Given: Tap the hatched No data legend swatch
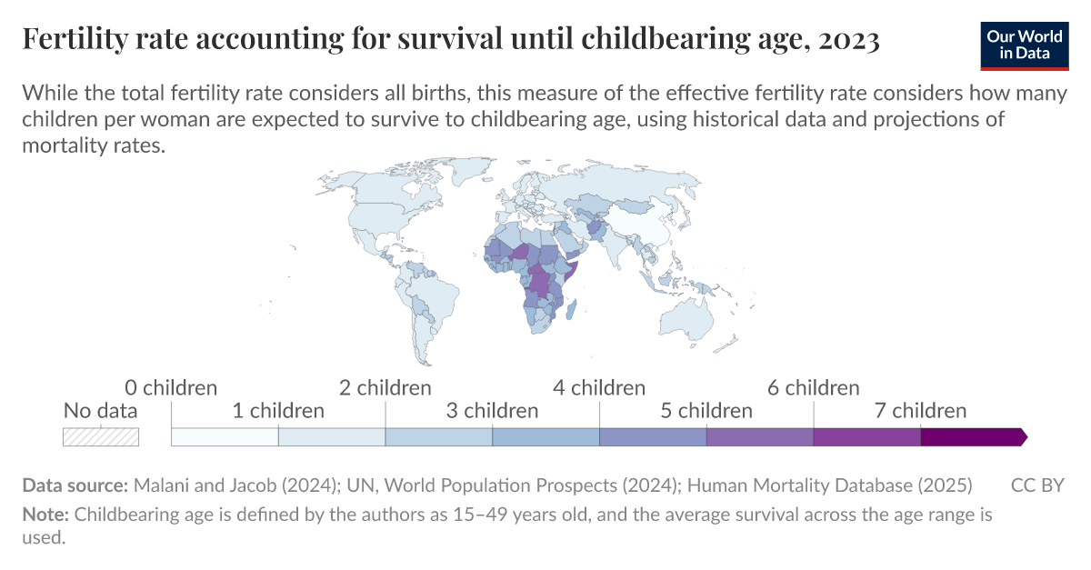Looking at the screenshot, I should [x=100, y=437].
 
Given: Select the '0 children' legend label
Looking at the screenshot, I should [x=171, y=388].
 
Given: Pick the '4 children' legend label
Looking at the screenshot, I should [x=599, y=388].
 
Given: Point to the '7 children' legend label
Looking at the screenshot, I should [x=920, y=411].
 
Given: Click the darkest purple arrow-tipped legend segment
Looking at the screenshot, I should [x=971, y=437].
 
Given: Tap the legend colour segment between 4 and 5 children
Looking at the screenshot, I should [x=653, y=437].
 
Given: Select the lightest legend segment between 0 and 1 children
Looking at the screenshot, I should [x=225, y=437].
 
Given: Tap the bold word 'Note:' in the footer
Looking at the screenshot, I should [x=45, y=515].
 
